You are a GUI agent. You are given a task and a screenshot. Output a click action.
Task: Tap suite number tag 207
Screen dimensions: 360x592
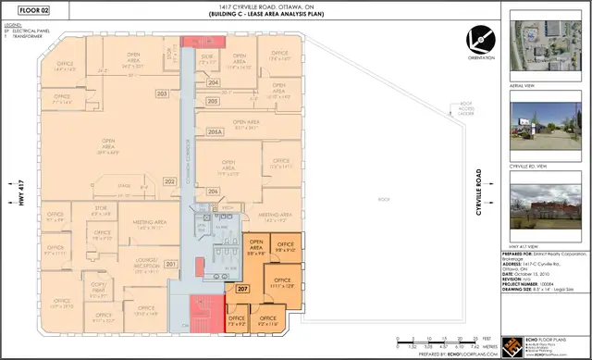coord(241,290)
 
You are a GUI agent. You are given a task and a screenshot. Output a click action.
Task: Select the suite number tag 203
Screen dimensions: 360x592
coord(161,94)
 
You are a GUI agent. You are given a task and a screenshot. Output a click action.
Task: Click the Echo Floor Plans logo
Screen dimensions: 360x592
coord(511,343)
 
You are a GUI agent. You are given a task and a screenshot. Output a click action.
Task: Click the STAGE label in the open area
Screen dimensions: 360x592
coord(123,186)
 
